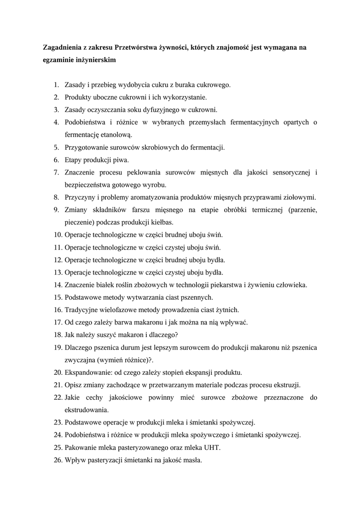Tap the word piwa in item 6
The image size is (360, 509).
point(121,160)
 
